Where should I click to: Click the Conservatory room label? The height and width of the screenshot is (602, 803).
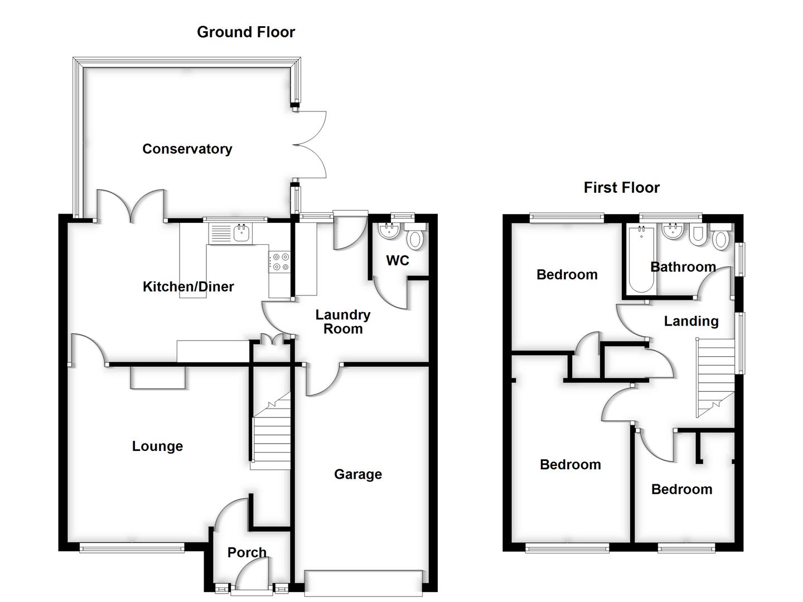click(187, 149)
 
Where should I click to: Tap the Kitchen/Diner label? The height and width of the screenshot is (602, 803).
click(188, 287)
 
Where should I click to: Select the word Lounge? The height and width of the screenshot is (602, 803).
click(157, 446)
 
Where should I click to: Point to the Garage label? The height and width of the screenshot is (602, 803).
click(358, 474)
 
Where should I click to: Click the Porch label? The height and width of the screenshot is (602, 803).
click(246, 552)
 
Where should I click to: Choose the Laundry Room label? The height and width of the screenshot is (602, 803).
click(342, 322)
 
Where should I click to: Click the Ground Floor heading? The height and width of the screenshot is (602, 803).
click(246, 32)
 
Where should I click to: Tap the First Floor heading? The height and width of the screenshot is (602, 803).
click(621, 188)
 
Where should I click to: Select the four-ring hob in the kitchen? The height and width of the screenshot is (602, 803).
click(279, 262)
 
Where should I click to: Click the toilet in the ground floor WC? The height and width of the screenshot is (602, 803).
click(414, 239)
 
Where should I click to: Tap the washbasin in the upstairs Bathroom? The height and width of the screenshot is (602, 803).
click(673, 231)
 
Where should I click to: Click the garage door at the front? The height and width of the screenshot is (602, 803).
click(363, 582)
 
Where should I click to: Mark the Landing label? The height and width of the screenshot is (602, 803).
click(691, 321)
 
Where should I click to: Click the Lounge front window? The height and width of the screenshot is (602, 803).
click(132, 548)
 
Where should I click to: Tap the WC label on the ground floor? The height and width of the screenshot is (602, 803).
click(397, 260)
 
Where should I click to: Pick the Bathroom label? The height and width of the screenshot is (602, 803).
click(683, 267)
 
